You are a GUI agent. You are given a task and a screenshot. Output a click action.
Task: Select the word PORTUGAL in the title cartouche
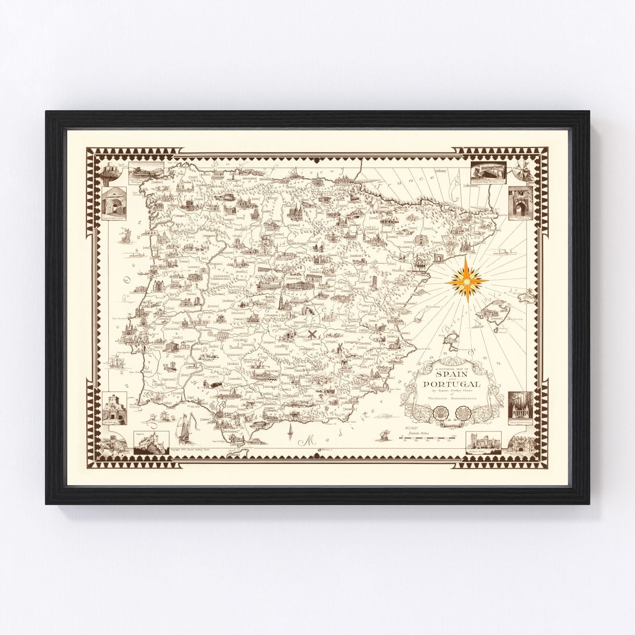(x=451, y=384)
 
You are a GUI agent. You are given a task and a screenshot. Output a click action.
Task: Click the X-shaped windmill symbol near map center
(x=312, y=334)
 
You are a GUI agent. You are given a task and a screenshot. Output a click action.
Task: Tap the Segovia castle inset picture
(x=151, y=443)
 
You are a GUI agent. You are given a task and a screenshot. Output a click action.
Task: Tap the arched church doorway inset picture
(x=115, y=202)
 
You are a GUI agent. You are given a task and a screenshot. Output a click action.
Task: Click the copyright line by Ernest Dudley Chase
(x=186, y=450)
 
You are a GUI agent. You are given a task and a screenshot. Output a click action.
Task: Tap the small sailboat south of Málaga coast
(x=290, y=429)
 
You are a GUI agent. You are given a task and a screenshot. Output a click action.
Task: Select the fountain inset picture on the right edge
(x=520, y=408)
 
